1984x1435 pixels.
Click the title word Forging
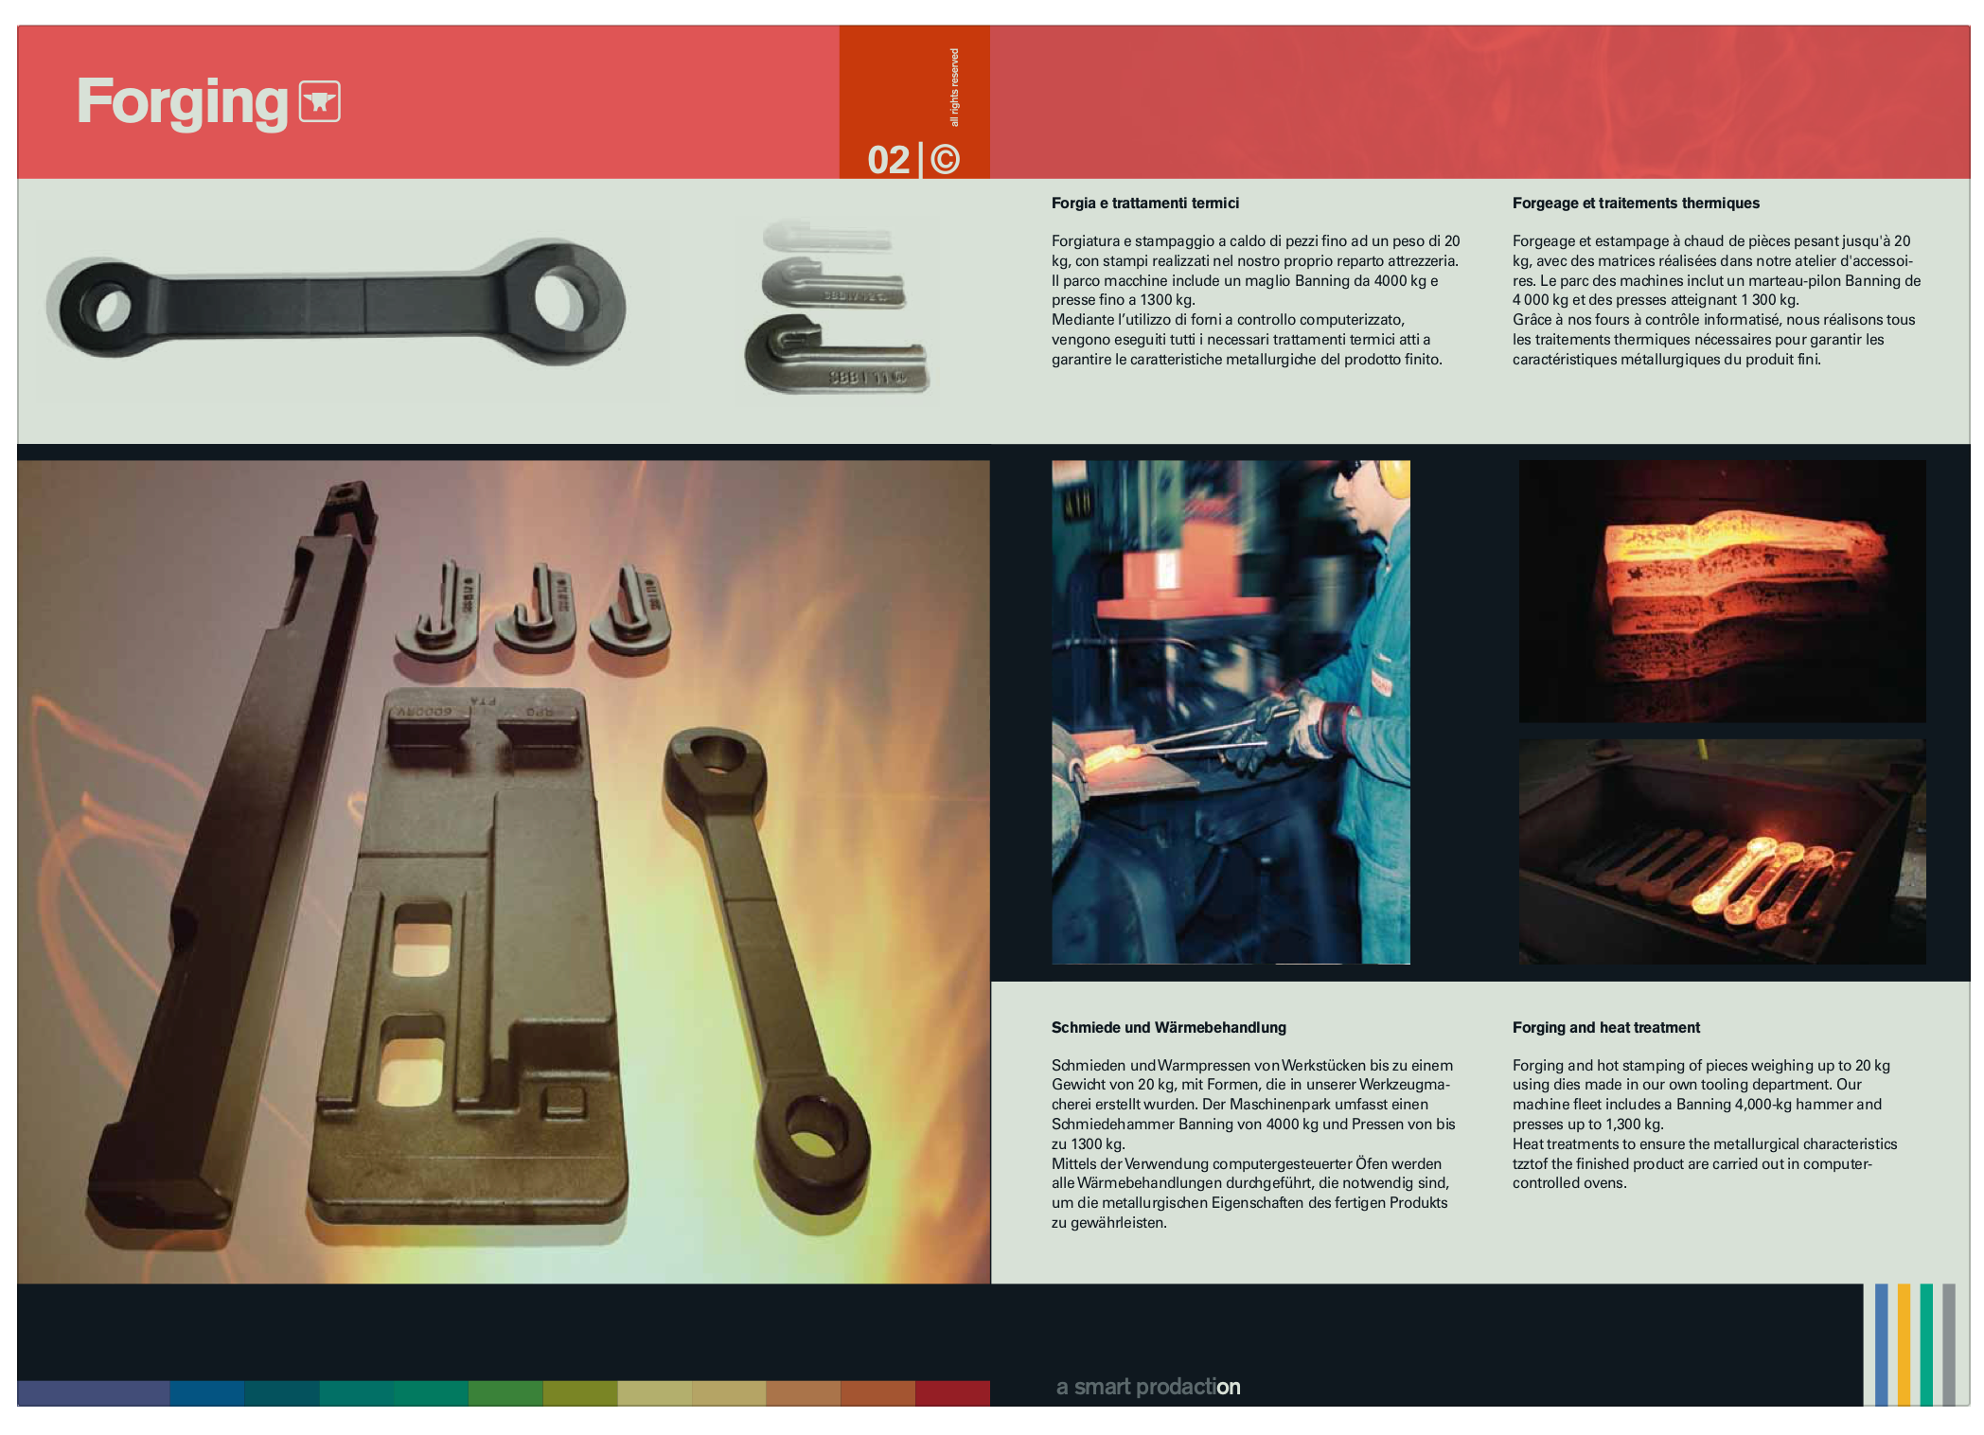pyautogui.click(x=182, y=102)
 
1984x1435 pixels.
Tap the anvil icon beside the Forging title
pyautogui.click(x=320, y=101)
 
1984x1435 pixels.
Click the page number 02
pyautogui.click(x=888, y=160)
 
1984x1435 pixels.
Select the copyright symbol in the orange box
pyautogui.click(x=945, y=159)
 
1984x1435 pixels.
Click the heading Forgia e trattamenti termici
pyautogui.click(x=1144, y=203)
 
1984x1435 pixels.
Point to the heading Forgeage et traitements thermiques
pyautogui.click(x=1636, y=203)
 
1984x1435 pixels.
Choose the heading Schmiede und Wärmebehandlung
pyautogui.click(x=1168, y=1027)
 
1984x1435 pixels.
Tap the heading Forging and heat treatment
pyautogui.click(x=1605, y=1027)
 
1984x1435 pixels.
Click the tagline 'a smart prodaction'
pyautogui.click(x=1148, y=1387)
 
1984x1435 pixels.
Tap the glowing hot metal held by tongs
pyautogui.click(x=1113, y=757)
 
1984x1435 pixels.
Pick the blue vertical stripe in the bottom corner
pyautogui.click(x=1881, y=1344)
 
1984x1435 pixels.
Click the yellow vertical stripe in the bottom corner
pyautogui.click(x=1904, y=1344)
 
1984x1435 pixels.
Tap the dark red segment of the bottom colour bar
pyautogui.click(x=952, y=1393)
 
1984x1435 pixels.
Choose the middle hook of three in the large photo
pyautogui.click(x=537, y=611)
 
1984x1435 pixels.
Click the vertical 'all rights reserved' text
pyautogui.click(x=954, y=87)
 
